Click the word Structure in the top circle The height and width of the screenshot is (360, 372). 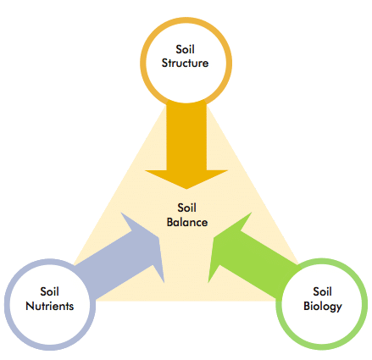185,63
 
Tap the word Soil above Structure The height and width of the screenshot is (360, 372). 185,49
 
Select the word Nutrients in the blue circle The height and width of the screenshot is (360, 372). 50,306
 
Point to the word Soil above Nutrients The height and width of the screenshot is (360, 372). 49,291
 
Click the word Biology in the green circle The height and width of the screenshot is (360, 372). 323,307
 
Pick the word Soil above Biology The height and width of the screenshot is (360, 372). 322,291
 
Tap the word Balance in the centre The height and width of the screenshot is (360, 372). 187,222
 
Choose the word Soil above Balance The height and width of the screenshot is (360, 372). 186,208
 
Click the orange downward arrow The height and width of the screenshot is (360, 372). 186,146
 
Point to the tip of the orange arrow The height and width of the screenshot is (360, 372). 186,189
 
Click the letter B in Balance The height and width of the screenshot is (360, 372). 170,222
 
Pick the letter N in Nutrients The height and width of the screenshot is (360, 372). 30,307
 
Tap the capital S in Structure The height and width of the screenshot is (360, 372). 164,63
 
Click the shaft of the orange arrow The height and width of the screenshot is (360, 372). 186,137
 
